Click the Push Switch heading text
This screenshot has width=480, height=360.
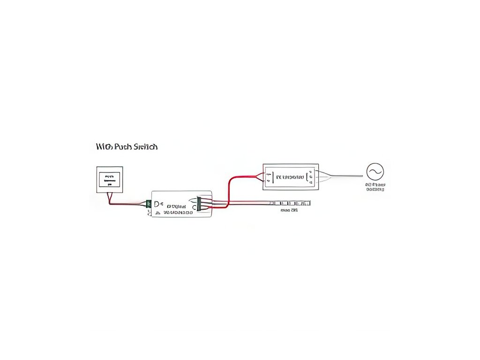pyautogui.click(x=127, y=147)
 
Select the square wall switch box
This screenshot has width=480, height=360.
pyautogui.click(x=110, y=180)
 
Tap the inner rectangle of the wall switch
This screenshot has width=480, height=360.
pyautogui.click(x=110, y=180)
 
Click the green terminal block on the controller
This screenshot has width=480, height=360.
pyautogui.click(x=149, y=204)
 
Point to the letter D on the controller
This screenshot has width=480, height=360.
pyautogui.click(x=157, y=204)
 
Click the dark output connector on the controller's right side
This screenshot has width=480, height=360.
pyautogui.click(x=199, y=204)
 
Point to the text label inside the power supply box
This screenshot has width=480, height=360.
pyautogui.click(x=290, y=177)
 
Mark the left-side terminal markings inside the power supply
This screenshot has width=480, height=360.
pyautogui.click(x=269, y=177)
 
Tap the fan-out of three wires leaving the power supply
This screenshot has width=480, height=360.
pyautogui.click(x=324, y=177)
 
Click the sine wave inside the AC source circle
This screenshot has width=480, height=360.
pyautogui.click(x=375, y=172)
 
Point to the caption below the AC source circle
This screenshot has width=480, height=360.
pyautogui.click(x=375, y=187)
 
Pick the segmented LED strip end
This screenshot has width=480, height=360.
pyautogui.click(x=291, y=203)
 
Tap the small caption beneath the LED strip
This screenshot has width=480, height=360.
pyautogui.click(x=289, y=210)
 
